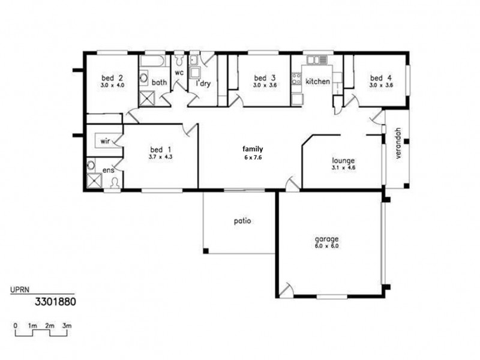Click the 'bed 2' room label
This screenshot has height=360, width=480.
(112, 77)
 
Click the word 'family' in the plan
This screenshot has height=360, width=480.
(252, 148)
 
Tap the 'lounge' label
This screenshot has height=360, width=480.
(343, 160)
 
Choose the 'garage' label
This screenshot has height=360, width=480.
(326, 238)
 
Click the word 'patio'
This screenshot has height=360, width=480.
(242, 220)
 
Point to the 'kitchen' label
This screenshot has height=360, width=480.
(317, 81)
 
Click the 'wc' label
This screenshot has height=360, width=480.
(179, 73)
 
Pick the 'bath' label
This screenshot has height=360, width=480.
(159, 82)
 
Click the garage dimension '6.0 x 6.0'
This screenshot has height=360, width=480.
(326, 246)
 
